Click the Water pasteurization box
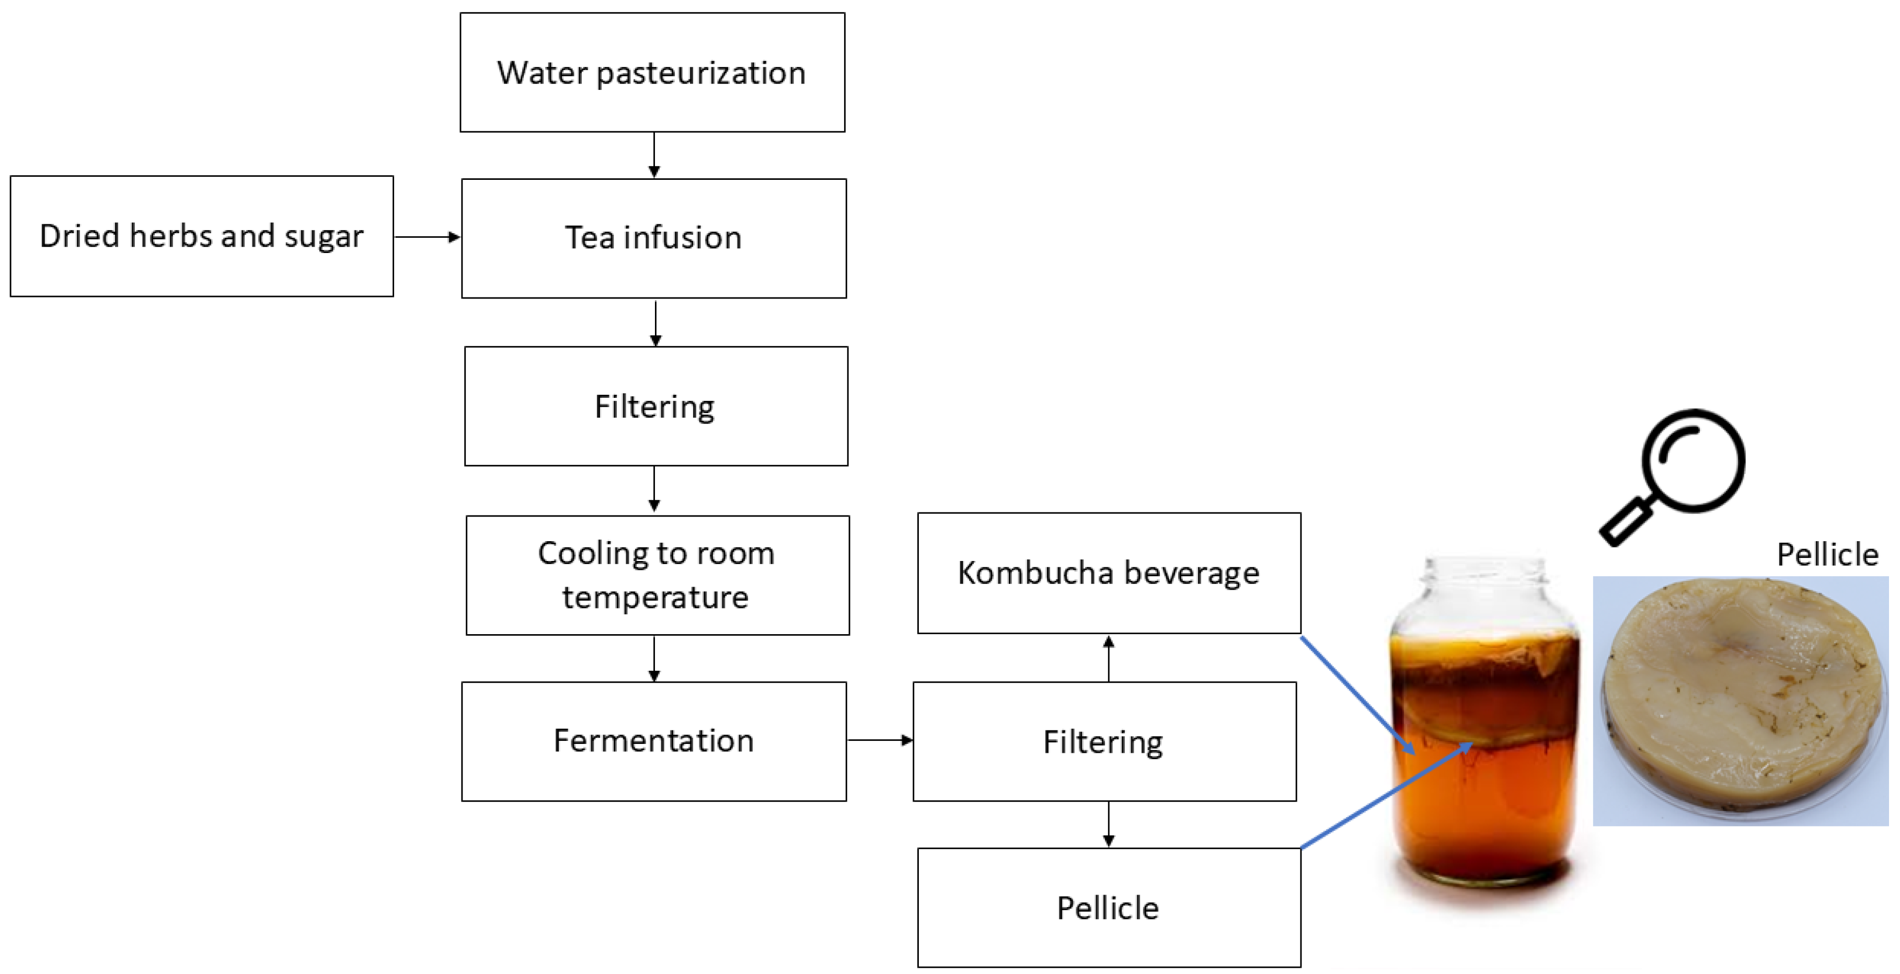click(652, 72)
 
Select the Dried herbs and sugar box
click(201, 236)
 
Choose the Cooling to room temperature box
click(657, 575)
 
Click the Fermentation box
click(653, 741)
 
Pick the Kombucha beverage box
click(1109, 572)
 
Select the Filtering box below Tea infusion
click(655, 406)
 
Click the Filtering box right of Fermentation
click(1104, 741)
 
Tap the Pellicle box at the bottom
click(1109, 908)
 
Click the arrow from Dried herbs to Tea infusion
click(427, 237)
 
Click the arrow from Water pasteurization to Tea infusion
click(654, 155)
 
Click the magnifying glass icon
click(1674, 476)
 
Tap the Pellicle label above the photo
click(1827, 555)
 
